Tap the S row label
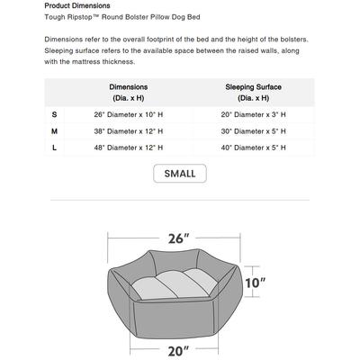point(54,114)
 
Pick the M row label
point(54,130)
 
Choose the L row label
point(54,147)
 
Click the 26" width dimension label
point(179,238)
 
